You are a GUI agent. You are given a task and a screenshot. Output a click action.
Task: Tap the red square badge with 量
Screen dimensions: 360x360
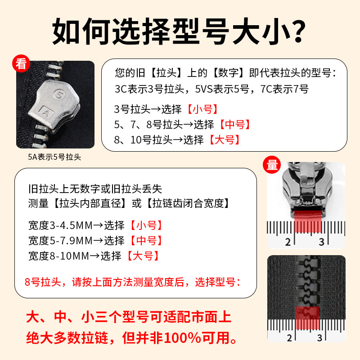(273, 165)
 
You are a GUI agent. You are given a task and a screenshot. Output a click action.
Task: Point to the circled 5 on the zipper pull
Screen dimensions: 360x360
(59, 94)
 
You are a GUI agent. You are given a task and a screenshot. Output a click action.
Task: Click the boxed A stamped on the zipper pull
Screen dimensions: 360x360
(45, 109)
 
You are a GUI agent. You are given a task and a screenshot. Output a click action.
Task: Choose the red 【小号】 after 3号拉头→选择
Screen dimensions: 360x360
(202, 109)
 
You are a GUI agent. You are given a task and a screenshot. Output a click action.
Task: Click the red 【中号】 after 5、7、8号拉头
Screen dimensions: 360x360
(234, 124)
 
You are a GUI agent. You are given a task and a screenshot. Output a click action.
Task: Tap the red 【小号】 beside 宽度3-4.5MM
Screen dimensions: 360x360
(146, 225)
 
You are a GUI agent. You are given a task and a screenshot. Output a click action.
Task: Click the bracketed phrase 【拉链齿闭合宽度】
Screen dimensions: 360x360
(188, 203)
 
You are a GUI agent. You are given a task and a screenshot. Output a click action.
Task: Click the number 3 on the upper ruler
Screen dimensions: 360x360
(321, 242)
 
